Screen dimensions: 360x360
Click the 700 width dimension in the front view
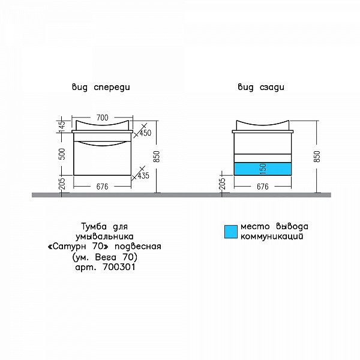(102, 118)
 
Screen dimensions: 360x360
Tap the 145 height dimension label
(61, 127)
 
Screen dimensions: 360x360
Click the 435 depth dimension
(143, 176)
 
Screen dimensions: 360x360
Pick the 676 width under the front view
(102, 187)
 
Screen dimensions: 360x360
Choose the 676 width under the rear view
(262, 187)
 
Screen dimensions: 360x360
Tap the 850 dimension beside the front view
(158, 157)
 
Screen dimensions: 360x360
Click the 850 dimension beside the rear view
(317, 157)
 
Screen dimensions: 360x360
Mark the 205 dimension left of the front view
(61, 184)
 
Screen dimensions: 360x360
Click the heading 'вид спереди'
(101, 88)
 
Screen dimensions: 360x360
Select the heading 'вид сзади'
(261, 88)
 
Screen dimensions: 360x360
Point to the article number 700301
(119, 268)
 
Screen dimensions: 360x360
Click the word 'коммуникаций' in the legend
(271, 237)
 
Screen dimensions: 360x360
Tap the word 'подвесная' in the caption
(140, 247)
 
